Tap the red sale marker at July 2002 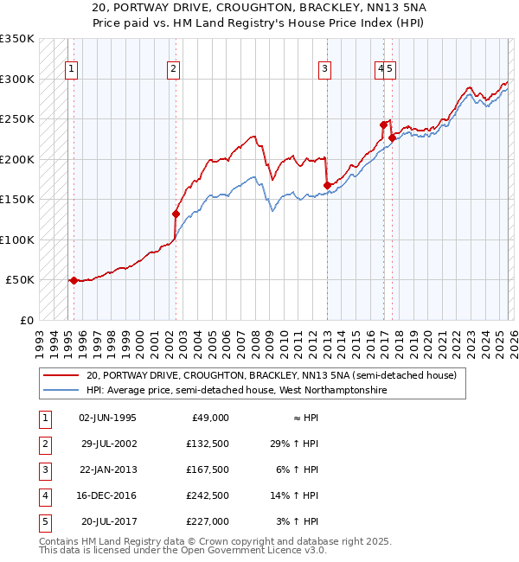(x=176, y=214)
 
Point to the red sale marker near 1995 (x=74, y=280)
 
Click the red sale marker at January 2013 (x=327, y=185)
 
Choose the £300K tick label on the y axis (x=17, y=79)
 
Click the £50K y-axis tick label (x=21, y=280)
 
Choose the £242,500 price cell (x=208, y=496)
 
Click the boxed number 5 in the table (x=44, y=521)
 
